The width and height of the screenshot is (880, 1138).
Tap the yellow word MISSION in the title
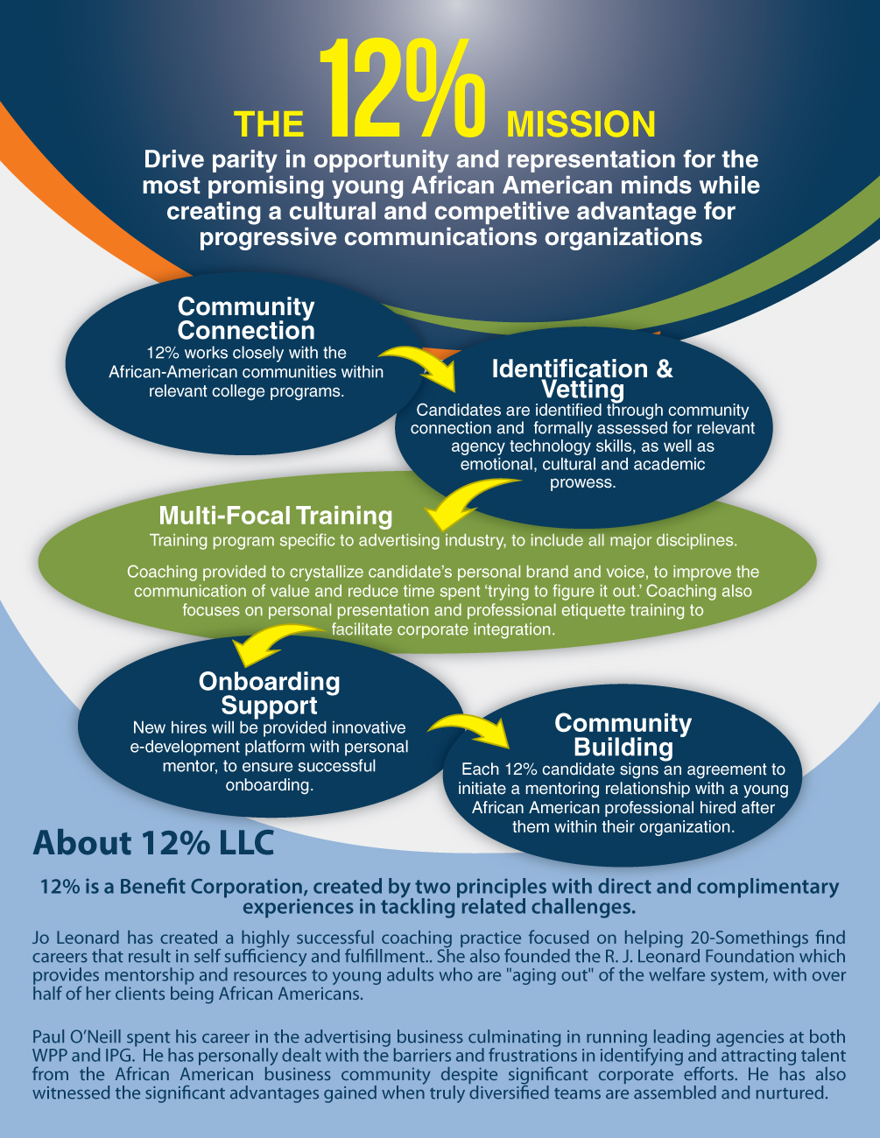(581, 124)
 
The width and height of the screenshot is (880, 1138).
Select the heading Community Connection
(246, 319)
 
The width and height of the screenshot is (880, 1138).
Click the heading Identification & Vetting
(582, 379)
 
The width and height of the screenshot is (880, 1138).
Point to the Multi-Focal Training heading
(276, 516)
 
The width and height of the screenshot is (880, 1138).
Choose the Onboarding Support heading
(270, 693)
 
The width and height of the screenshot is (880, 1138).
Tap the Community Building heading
(623, 734)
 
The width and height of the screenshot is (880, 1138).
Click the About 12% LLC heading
(153, 843)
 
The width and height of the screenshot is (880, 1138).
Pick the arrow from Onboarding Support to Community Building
(469, 729)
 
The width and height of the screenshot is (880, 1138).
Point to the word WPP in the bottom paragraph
(51, 1056)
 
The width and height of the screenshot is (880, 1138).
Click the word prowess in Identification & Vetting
(582, 482)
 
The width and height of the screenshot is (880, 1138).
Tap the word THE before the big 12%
(269, 125)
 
